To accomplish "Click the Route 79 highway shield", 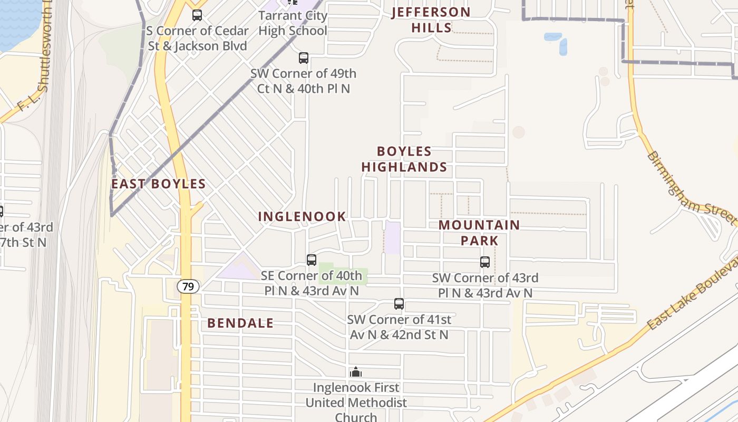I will point(188,287).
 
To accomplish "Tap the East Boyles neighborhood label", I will point(158,184).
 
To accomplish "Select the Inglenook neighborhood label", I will point(302,216).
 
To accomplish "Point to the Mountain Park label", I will point(479,233).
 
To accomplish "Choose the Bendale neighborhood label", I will point(240,323).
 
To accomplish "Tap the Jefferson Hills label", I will point(431,20).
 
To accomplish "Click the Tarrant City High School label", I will point(293,23).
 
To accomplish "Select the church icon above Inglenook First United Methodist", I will point(356,372).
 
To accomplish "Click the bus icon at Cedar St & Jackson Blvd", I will point(197,15).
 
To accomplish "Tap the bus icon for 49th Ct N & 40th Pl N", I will point(304,58).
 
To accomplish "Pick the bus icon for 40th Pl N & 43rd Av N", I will point(312,260).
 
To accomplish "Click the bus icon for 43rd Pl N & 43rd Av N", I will point(485,262).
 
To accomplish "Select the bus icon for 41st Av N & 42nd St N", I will point(399,304).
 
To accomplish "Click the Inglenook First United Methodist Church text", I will point(356,402).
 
